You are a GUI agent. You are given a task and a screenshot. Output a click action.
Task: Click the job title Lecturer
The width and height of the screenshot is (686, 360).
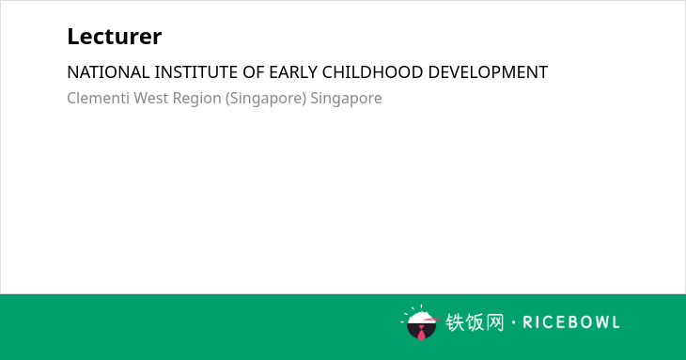click(115, 37)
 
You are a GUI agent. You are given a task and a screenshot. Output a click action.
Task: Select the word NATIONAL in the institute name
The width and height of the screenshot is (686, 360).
click(108, 72)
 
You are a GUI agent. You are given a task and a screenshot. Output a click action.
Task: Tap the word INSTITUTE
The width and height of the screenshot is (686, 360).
click(196, 72)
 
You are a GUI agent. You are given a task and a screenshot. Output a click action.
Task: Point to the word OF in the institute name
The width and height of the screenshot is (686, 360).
click(254, 72)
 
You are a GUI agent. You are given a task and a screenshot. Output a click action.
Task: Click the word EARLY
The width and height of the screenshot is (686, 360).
click(293, 72)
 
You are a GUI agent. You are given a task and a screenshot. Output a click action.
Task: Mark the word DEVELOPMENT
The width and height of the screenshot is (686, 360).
click(488, 72)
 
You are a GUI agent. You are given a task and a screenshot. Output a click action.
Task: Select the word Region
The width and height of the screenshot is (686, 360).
click(197, 99)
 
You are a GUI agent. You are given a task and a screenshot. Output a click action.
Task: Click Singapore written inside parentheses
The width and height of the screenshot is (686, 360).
click(266, 99)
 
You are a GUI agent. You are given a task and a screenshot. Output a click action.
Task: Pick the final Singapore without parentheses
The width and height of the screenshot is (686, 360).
click(346, 99)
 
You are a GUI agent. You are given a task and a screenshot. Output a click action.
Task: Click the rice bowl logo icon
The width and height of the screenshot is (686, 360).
click(421, 322)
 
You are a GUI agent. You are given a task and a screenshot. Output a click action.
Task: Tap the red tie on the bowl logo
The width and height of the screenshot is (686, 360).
click(421, 334)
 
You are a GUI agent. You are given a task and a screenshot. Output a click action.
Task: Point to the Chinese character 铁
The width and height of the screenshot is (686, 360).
click(455, 322)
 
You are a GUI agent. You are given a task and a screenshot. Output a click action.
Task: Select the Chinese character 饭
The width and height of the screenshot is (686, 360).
click(475, 322)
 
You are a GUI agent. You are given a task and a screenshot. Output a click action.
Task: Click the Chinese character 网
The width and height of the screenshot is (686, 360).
click(494, 322)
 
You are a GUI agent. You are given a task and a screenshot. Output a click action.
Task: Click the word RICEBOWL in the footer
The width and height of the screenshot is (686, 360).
click(571, 322)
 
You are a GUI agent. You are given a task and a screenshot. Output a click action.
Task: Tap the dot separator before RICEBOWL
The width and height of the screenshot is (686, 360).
click(513, 322)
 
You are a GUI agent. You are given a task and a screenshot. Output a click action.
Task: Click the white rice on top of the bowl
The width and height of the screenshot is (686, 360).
click(421, 317)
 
